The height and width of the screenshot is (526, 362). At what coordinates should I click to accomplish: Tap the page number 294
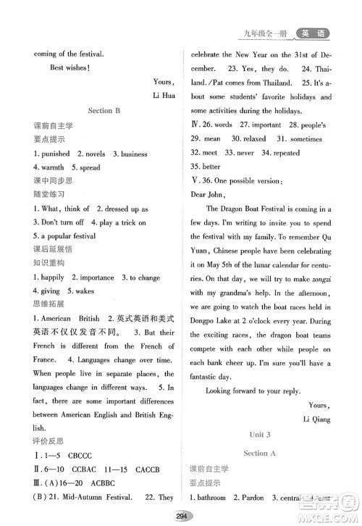pos(181,515)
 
